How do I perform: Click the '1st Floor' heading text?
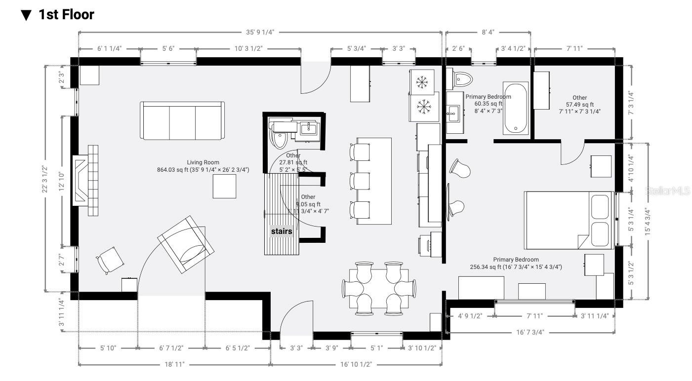66,15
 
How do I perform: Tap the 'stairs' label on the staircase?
281,231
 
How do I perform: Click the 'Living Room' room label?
203,162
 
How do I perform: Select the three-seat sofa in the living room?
182,121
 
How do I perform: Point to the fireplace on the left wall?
85,181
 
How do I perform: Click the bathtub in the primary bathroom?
516,109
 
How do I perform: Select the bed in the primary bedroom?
569,219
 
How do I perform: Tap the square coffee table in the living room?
224,187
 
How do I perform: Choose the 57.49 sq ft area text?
579,105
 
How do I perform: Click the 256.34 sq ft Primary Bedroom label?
516,263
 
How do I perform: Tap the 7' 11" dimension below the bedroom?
534,316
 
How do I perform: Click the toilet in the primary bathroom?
462,78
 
